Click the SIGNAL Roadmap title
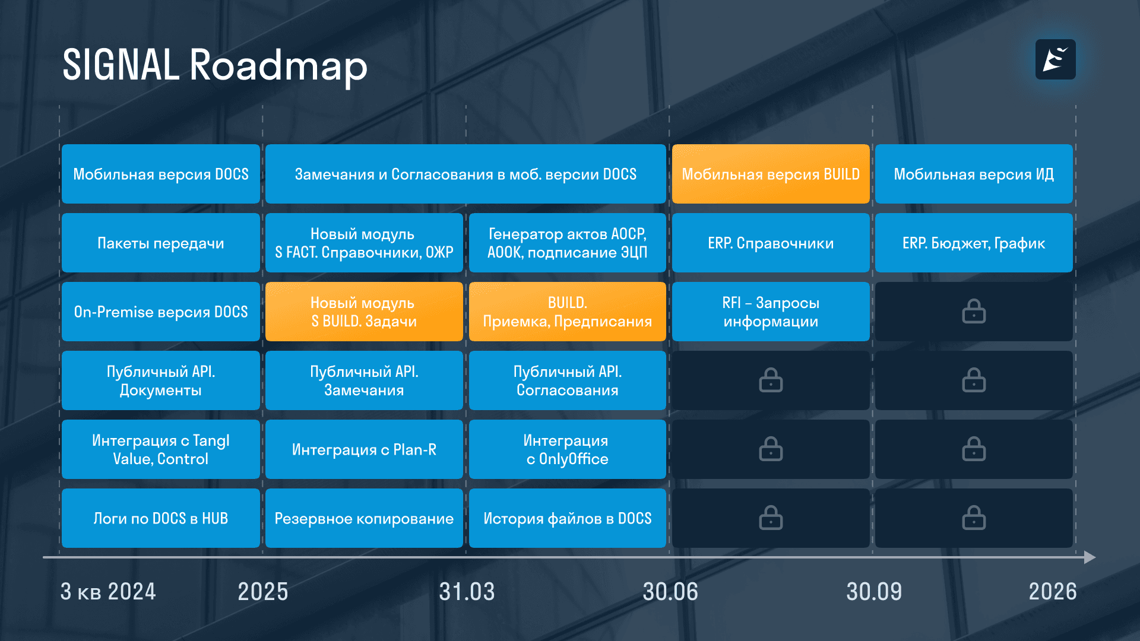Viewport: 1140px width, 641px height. [x=215, y=65]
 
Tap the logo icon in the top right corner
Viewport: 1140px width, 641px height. [x=1055, y=59]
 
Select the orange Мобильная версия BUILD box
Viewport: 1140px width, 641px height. [x=770, y=174]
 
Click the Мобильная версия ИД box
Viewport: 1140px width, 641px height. [x=974, y=174]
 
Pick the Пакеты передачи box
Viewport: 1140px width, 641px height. [x=160, y=243]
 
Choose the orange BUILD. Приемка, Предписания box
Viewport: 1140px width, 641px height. [x=567, y=312]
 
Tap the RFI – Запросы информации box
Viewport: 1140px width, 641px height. [x=770, y=312]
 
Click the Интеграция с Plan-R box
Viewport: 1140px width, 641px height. [x=364, y=449]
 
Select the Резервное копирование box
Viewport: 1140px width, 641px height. [x=364, y=518]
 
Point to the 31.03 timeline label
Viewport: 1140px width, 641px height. [x=467, y=592]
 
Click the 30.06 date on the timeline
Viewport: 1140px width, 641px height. [x=670, y=592]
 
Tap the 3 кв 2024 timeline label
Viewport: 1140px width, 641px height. [x=108, y=592]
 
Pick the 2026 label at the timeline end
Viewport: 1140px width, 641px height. [x=1052, y=592]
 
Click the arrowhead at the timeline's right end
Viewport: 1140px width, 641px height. [x=1089, y=557]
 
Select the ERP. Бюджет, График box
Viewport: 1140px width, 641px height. [x=974, y=243]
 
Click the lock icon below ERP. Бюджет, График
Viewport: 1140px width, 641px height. [x=974, y=312]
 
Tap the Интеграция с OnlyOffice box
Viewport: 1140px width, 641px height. [x=567, y=449]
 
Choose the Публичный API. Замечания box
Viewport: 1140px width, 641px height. [x=364, y=380]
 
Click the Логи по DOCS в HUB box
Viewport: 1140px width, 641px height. [x=160, y=518]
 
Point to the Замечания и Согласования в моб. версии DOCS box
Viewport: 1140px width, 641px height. [x=465, y=174]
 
